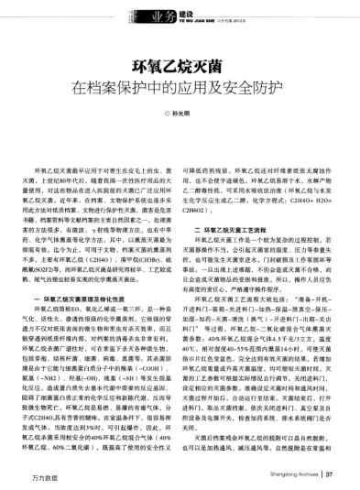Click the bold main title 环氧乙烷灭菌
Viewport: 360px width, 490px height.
180,67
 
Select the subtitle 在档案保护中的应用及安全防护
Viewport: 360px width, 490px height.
180,90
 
